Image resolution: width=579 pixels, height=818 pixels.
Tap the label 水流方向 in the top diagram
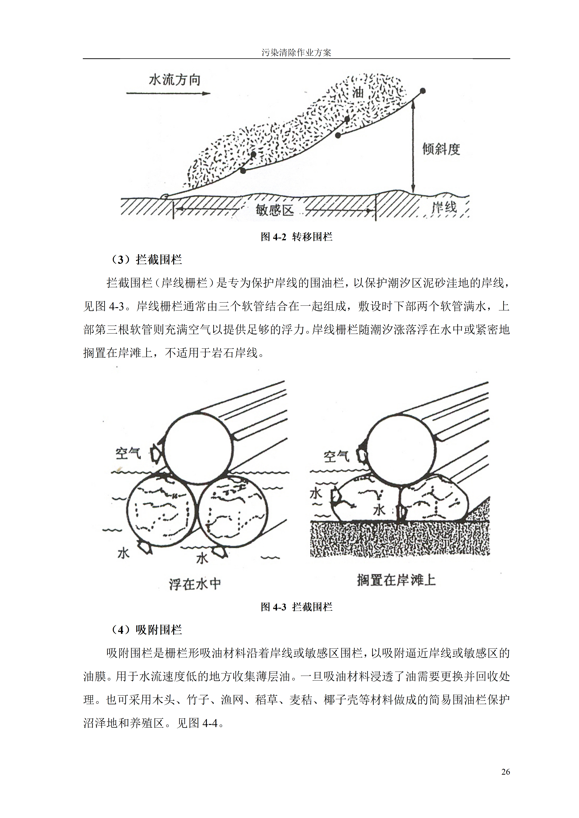(x=174, y=80)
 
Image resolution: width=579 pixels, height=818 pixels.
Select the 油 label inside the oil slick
(x=358, y=93)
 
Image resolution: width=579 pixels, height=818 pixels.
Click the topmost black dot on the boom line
(x=423, y=91)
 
